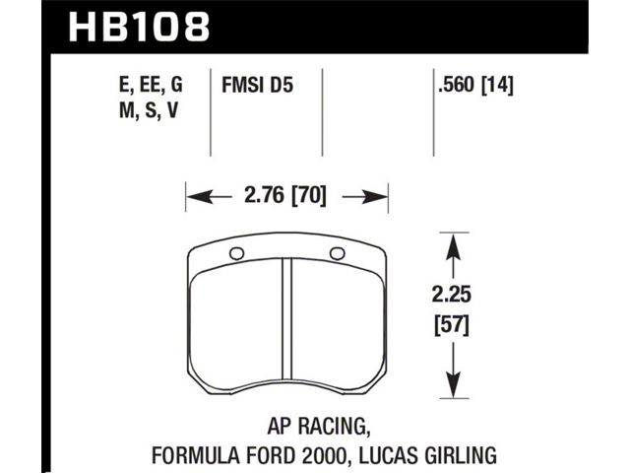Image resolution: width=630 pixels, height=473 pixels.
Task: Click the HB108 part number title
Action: pos(139,27)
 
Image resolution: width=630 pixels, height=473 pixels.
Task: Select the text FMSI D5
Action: pos(258,86)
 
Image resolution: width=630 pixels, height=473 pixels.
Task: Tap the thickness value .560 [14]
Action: pos(476,86)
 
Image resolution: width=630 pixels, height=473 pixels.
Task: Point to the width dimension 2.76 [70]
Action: pos(285,196)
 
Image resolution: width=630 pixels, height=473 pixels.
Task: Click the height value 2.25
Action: pos(452,295)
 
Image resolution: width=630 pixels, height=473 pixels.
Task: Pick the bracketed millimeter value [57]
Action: pos(452,325)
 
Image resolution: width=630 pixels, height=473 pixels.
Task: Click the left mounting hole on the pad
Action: pos(236,254)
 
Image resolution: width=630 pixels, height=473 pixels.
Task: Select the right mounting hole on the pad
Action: pos(337,253)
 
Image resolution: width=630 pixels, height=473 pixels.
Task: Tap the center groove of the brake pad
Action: pos(286,319)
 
